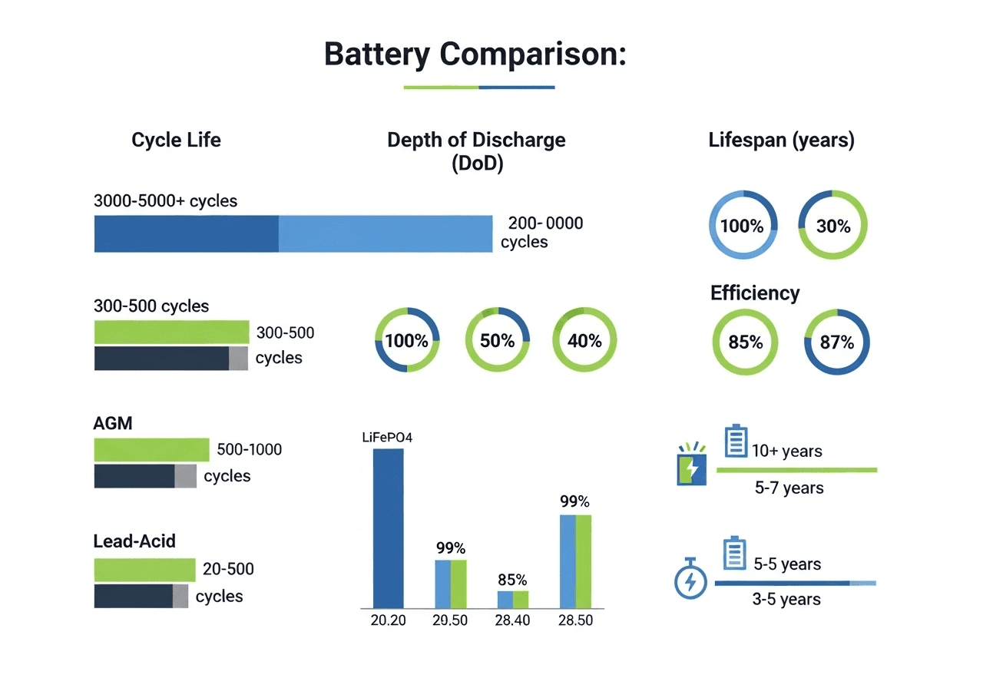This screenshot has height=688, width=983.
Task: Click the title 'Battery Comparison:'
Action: tap(475, 55)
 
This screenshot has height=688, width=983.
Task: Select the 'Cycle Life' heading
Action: tap(176, 140)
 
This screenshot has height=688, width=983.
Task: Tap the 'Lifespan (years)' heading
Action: tap(781, 140)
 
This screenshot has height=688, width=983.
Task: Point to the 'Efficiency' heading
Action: tap(755, 293)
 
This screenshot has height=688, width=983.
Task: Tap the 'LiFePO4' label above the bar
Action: tap(388, 438)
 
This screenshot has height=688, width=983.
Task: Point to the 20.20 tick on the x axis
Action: tap(388, 620)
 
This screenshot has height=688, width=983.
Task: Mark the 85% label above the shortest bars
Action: tap(512, 579)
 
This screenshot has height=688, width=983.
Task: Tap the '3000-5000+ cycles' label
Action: tap(165, 201)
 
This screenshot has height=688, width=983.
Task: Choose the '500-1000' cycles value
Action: tap(249, 449)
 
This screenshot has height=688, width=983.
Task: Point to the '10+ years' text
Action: tap(786, 451)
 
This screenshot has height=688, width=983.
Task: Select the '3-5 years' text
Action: tap(786, 599)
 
